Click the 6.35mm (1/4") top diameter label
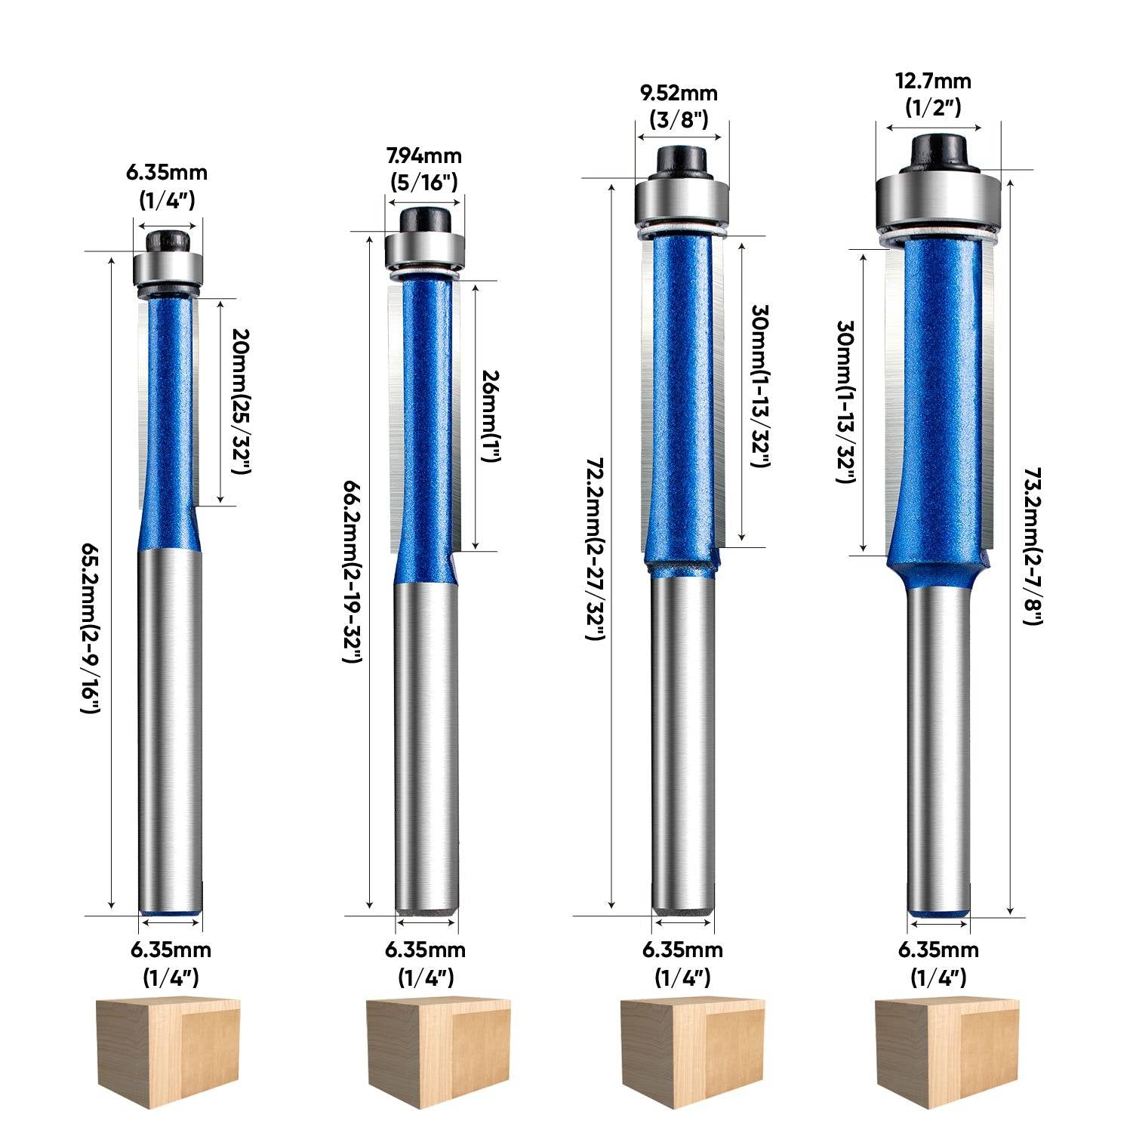[x=166, y=186]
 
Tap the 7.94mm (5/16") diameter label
[x=423, y=168]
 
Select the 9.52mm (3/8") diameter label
[x=679, y=106]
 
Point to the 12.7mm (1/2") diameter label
[x=933, y=94]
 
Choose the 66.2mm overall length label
[x=353, y=571]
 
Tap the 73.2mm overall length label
[x=1033, y=545]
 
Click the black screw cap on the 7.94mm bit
[x=425, y=220]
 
